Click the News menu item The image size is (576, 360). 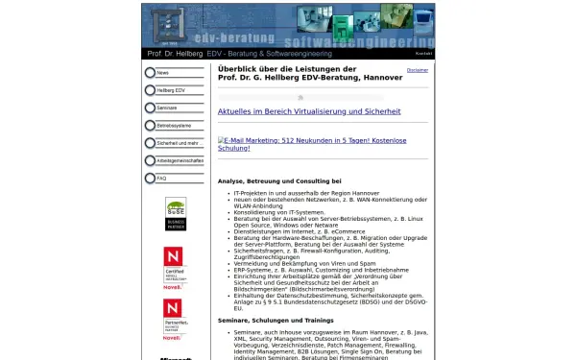click(x=163, y=73)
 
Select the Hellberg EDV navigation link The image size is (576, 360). click(x=172, y=90)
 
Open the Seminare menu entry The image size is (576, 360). click(x=167, y=108)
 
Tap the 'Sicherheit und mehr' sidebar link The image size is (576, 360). click(x=178, y=143)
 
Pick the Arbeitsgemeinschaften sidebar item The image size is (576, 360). click(x=180, y=160)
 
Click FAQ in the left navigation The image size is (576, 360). click(x=162, y=179)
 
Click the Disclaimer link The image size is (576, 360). click(x=418, y=70)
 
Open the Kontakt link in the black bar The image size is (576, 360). click(x=424, y=54)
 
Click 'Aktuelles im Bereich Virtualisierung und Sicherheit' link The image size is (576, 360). click(x=309, y=111)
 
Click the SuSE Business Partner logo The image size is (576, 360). click(x=176, y=213)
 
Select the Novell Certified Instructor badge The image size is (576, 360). click(x=174, y=266)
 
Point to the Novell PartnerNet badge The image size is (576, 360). click(x=174, y=320)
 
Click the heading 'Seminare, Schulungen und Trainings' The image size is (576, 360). click(x=276, y=320)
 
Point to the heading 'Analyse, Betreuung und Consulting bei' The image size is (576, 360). click(x=279, y=180)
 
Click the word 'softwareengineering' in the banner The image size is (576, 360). click(x=364, y=41)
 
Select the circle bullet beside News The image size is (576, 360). click(x=150, y=73)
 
